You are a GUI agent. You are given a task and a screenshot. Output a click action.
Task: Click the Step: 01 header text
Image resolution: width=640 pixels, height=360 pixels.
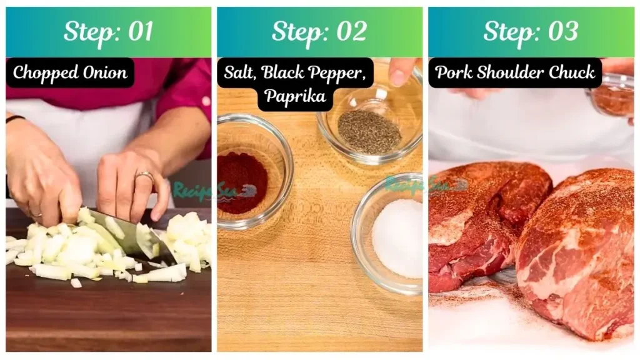(x=108, y=32)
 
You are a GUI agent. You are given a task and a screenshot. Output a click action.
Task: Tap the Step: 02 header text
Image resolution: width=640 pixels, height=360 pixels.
(x=319, y=32)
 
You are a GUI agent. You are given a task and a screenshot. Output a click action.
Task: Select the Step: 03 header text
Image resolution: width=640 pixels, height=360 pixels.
(x=531, y=32)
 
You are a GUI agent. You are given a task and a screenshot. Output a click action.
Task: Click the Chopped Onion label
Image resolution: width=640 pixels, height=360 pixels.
(x=70, y=72)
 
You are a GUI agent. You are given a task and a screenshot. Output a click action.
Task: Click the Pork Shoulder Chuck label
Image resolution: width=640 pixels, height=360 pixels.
(x=515, y=72)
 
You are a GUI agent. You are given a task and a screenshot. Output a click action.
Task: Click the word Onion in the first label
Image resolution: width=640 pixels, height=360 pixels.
(x=104, y=72)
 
